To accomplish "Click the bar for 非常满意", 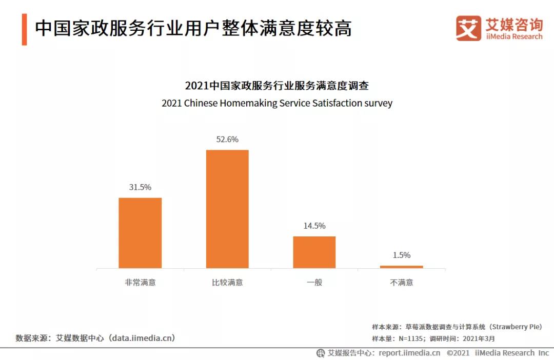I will [x=140, y=233].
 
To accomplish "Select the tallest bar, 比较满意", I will [x=227, y=209].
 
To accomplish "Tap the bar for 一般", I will [x=314, y=252].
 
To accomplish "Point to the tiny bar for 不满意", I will [x=401, y=267].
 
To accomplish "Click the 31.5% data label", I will [x=140, y=187].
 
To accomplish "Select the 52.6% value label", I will [x=227, y=139].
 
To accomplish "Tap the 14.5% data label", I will [x=314, y=226].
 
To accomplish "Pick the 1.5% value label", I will [x=401, y=255].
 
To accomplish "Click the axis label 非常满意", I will [x=140, y=282].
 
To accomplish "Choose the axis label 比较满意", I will [x=227, y=282].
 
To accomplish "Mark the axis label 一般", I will [x=314, y=282].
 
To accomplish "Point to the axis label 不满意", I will [x=401, y=282].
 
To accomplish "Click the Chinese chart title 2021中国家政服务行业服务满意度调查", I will [x=277, y=85].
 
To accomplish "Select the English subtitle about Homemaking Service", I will [x=277, y=103].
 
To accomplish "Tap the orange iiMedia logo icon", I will [x=468, y=28].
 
